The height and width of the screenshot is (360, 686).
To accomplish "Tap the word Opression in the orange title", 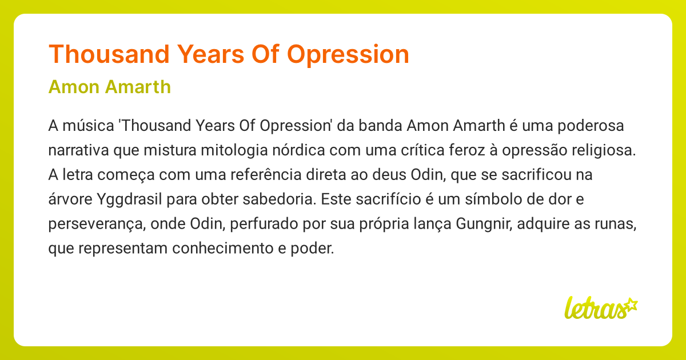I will pos(348,54).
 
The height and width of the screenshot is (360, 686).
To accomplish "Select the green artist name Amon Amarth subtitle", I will pos(110,87).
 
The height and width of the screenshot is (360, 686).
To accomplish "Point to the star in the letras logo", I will pos(631,305).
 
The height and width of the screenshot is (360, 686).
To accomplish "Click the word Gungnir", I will pos(484,225).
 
